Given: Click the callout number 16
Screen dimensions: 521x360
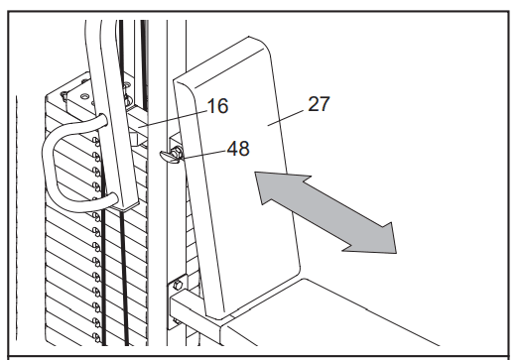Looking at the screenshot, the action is [217, 106].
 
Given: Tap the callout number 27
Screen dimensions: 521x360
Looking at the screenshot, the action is [319, 104].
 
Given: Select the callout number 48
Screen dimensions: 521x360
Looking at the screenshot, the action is [238, 149].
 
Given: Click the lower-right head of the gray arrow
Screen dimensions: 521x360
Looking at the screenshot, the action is [375, 238].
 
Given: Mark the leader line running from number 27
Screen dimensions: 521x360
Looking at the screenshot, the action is [286, 118].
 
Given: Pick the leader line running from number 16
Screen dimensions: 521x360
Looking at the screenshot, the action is [173, 120].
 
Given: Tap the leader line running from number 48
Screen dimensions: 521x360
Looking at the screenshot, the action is [203, 155].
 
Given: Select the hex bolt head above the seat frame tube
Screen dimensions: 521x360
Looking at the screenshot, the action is [178, 285].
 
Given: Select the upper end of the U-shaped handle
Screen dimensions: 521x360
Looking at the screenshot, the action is [102, 121].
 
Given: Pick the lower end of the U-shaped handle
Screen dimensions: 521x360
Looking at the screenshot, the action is [113, 198].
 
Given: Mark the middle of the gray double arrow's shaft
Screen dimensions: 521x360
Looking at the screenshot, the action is [326, 212].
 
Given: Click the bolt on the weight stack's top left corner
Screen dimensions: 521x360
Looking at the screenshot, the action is [64, 96].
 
